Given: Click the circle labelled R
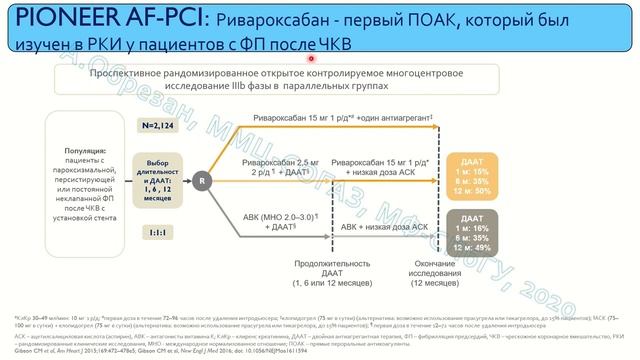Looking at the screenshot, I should tap(203, 179).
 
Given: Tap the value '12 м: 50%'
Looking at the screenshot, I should tap(490, 190).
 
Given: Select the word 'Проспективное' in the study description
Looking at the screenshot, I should tap(128, 73).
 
